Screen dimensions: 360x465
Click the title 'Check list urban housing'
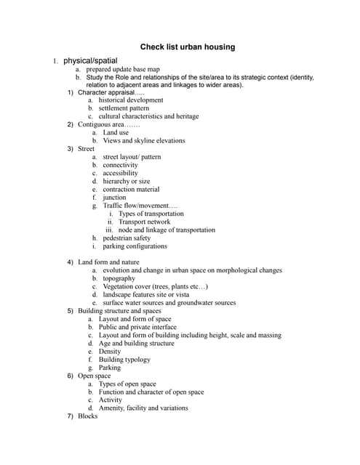click(x=188, y=47)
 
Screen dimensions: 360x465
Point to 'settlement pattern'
click(x=124, y=108)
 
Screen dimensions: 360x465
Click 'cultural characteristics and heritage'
click(x=148, y=116)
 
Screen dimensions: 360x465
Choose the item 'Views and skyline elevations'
click(x=144, y=141)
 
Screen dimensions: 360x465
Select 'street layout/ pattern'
click(x=132, y=157)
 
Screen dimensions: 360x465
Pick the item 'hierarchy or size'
click(x=127, y=182)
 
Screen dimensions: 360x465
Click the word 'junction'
click(x=114, y=198)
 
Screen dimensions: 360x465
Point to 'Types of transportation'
click(x=151, y=214)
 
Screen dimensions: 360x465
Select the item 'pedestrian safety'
click(x=127, y=238)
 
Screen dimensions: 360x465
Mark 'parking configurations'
click(x=135, y=246)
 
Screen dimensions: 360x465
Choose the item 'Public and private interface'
click(x=137, y=328)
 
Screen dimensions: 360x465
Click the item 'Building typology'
click(x=124, y=360)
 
